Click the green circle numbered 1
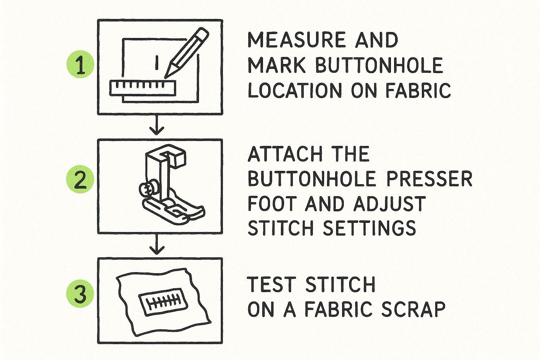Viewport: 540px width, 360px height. (80, 64)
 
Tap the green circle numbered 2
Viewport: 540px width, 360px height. (80, 179)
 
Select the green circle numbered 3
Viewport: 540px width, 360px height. (80, 294)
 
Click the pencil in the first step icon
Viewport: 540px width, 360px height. (187, 53)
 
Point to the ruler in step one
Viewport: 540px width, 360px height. (143, 88)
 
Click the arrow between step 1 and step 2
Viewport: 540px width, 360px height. (157, 124)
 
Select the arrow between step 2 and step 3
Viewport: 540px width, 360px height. (157, 244)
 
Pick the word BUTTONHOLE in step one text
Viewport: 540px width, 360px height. (379, 65)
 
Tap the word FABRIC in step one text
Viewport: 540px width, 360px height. (418, 90)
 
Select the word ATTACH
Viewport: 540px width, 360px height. (285, 154)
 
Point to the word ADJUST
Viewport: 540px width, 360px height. (390, 204)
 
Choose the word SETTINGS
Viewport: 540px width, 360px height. (369, 228)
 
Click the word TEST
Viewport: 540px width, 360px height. (271, 284)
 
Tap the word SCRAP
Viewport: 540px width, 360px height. (413, 309)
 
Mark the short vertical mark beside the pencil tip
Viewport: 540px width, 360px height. (157, 63)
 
